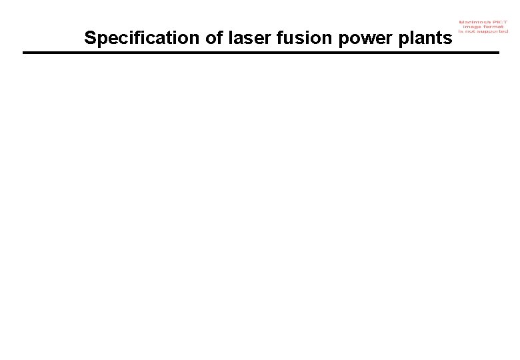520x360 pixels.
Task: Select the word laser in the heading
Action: coord(248,39)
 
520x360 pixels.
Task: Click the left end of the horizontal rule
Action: coord(24,53)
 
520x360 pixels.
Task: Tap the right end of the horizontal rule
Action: coord(497,53)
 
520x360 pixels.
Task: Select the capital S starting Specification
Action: coord(90,39)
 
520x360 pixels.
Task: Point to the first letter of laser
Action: coord(230,39)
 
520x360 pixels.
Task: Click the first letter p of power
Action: coord(343,40)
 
